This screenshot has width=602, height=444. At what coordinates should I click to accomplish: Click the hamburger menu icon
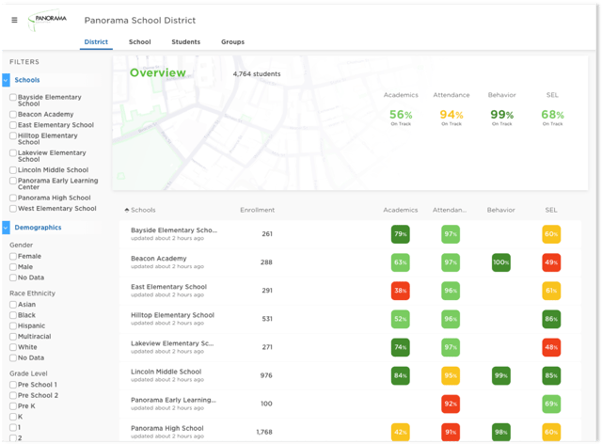click(x=14, y=19)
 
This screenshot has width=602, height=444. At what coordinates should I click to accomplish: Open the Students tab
click(x=185, y=42)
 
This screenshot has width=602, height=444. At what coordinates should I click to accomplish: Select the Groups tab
click(x=232, y=42)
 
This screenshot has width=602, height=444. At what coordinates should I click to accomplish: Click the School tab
click(x=139, y=42)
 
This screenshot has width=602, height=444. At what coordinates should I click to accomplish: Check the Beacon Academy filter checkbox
click(x=13, y=115)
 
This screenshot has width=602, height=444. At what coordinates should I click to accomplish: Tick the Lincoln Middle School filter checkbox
click(x=13, y=170)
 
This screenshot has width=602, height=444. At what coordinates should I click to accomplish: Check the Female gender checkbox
click(x=13, y=256)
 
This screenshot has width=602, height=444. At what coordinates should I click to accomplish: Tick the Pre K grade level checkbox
click(x=13, y=405)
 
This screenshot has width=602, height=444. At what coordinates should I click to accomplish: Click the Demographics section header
click(x=39, y=227)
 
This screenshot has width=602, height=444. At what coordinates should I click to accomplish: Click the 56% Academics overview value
click(x=401, y=114)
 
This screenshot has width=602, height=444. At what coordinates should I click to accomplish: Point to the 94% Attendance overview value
click(x=451, y=114)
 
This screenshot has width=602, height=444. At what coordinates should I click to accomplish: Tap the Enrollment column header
click(x=257, y=210)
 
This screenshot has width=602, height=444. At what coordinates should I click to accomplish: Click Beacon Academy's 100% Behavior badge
click(x=500, y=262)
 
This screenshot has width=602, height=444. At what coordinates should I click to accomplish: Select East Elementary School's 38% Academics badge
click(x=401, y=291)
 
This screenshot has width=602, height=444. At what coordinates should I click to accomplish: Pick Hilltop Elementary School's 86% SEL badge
click(x=551, y=319)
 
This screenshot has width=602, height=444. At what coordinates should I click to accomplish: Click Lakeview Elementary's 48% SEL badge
click(x=551, y=347)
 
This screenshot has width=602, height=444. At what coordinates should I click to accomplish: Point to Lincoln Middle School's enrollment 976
click(x=266, y=375)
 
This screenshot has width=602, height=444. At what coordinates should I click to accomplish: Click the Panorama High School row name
click(x=166, y=428)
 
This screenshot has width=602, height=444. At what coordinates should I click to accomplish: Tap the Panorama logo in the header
click(x=46, y=19)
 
